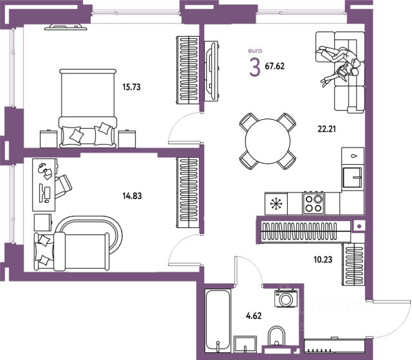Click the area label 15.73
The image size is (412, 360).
(131, 87)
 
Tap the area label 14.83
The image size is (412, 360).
(132, 196)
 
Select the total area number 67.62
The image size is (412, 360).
(275, 66)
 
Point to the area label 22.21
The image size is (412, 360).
(326, 129)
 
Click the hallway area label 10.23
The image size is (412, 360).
(323, 260)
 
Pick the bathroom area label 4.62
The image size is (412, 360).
(254, 316)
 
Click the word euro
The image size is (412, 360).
(255, 50)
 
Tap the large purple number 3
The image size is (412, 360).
(255, 67)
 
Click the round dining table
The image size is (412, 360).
(268, 141)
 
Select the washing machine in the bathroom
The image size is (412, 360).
(286, 298)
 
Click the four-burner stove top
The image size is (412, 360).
(314, 203)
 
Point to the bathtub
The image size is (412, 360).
(218, 320)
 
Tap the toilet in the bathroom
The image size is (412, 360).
(276, 336)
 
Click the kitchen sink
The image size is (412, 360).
(353, 177)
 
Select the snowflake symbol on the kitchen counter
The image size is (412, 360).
(276, 204)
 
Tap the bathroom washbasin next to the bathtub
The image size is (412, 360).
(245, 343)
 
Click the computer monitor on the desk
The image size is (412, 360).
(41, 193)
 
